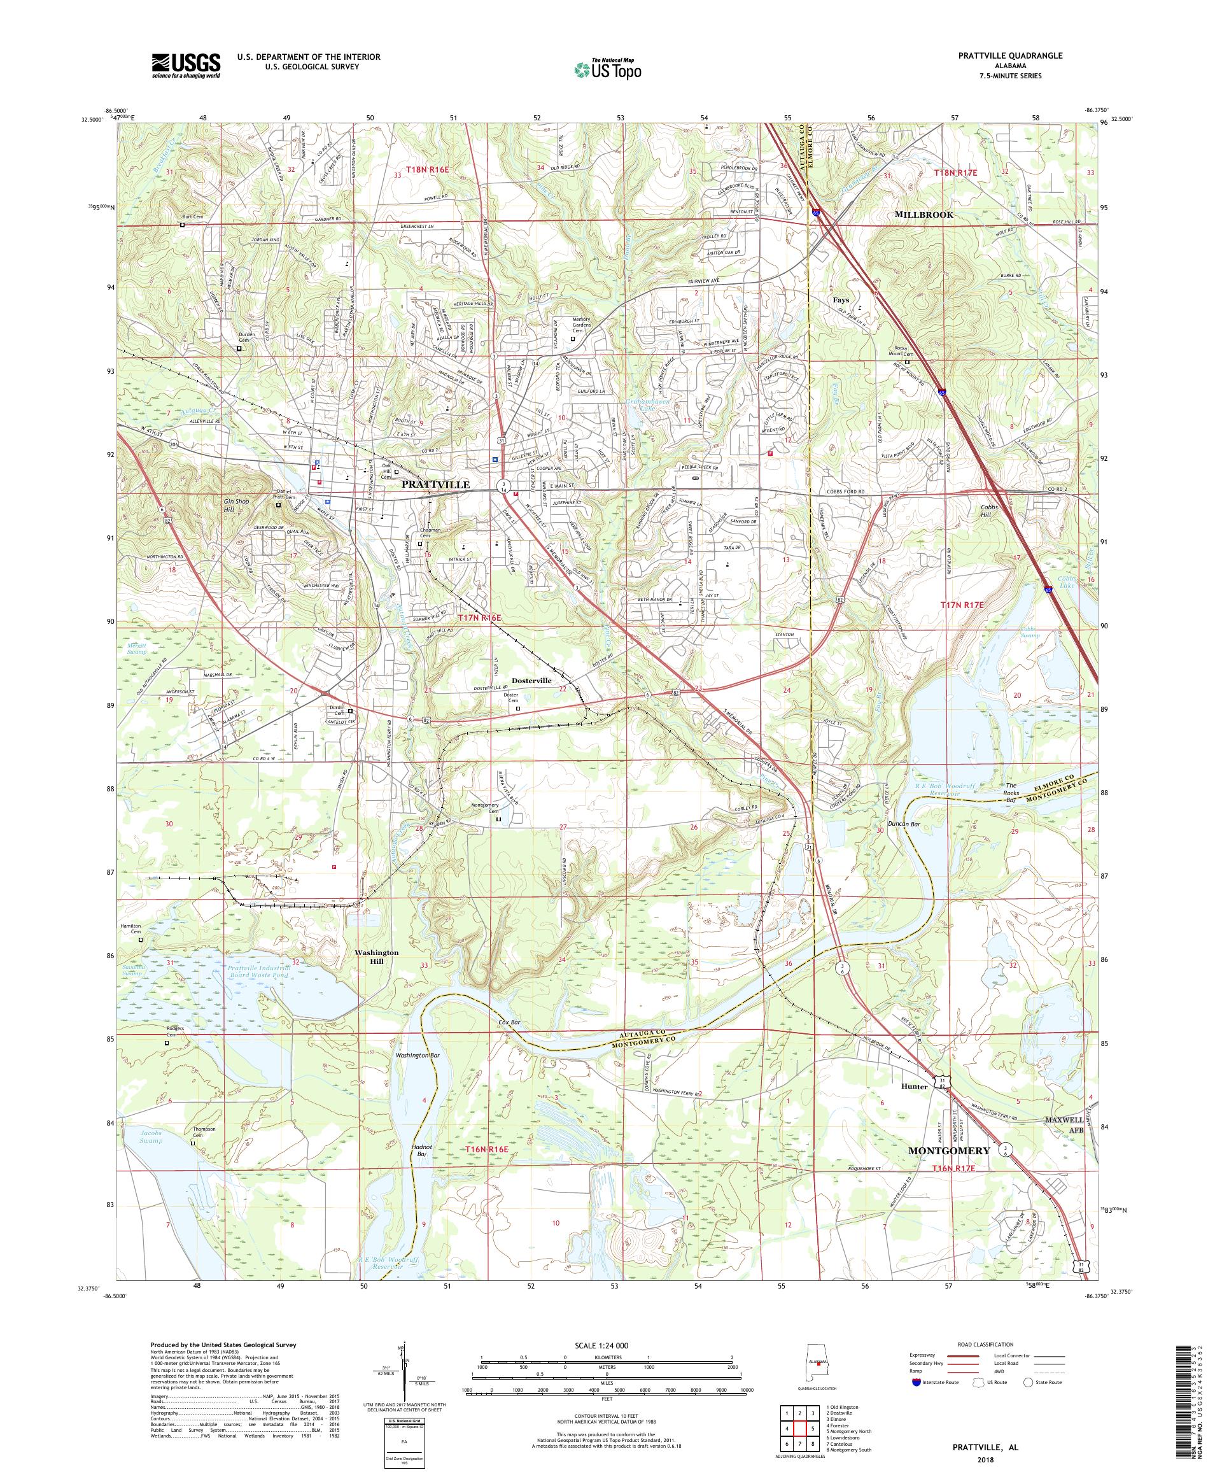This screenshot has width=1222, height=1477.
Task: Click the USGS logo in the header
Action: pyautogui.click(x=186, y=66)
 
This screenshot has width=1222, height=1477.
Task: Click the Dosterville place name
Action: pyautogui.click(x=531, y=681)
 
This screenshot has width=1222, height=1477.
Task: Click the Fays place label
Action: pyautogui.click(x=841, y=300)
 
